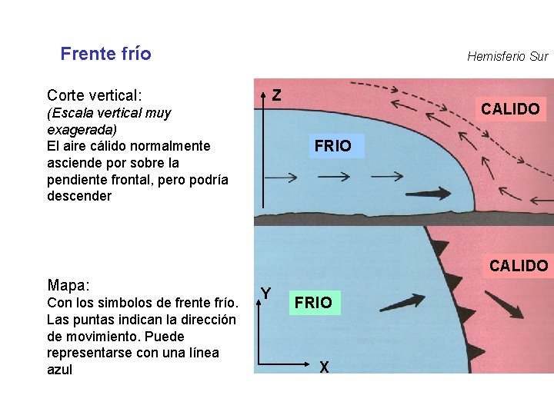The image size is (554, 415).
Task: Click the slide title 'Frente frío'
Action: click(105, 54)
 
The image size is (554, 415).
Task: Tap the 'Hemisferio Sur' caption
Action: click(507, 56)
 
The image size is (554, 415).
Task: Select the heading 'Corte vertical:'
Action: click(94, 95)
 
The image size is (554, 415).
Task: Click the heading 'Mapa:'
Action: click(68, 285)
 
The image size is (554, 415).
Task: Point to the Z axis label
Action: click(277, 95)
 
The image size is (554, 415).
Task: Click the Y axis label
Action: click(265, 293)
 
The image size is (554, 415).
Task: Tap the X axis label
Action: click(325, 367)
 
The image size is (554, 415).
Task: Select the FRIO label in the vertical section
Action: click(332, 146)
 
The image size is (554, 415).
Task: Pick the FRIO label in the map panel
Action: click(313, 303)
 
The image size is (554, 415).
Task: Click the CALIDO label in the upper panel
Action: click(510, 109)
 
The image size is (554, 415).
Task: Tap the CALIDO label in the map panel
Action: click(519, 266)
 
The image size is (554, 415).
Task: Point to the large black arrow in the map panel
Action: click(504, 305)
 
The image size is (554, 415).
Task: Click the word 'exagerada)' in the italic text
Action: click(82, 129)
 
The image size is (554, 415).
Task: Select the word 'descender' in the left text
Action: click(79, 195)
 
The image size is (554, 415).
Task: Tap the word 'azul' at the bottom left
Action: click(60, 369)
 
